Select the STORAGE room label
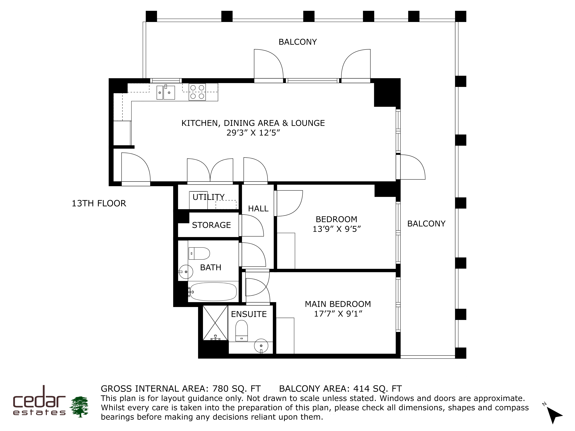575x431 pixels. [x=211, y=225]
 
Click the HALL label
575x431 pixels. [x=258, y=209]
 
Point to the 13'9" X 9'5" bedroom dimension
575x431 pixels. [x=337, y=229]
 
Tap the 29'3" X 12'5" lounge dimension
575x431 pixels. [x=253, y=133]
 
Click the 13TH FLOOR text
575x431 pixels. [x=99, y=203]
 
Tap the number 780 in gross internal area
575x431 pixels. [x=220, y=389]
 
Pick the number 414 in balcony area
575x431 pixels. [x=361, y=389]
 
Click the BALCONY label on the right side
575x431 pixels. [x=426, y=224]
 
